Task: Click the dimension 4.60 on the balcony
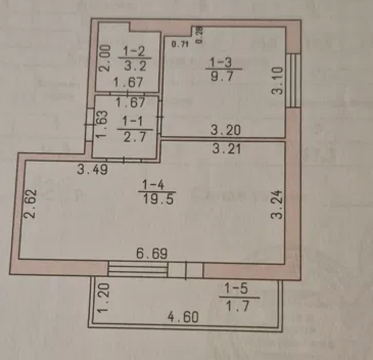click(182, 317)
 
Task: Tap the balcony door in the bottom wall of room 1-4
click(185, 270)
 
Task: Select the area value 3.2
click(134, 66)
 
